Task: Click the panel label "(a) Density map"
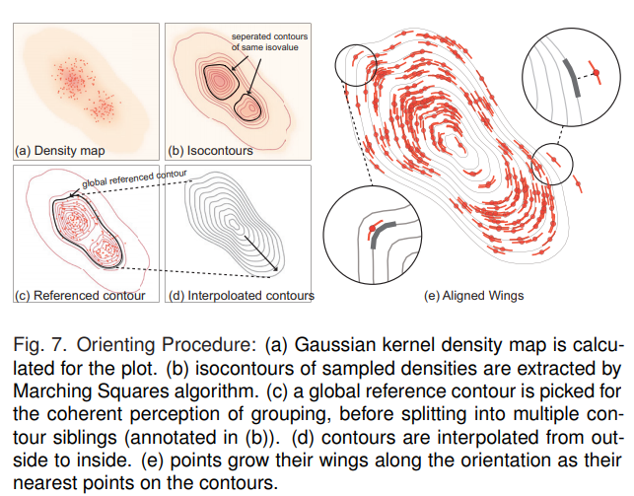click(x=60, y=152)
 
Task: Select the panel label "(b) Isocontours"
click(x=211, y=152)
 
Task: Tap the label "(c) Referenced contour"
click(x=80, y=295)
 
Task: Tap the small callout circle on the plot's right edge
click(x=551, y=162)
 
